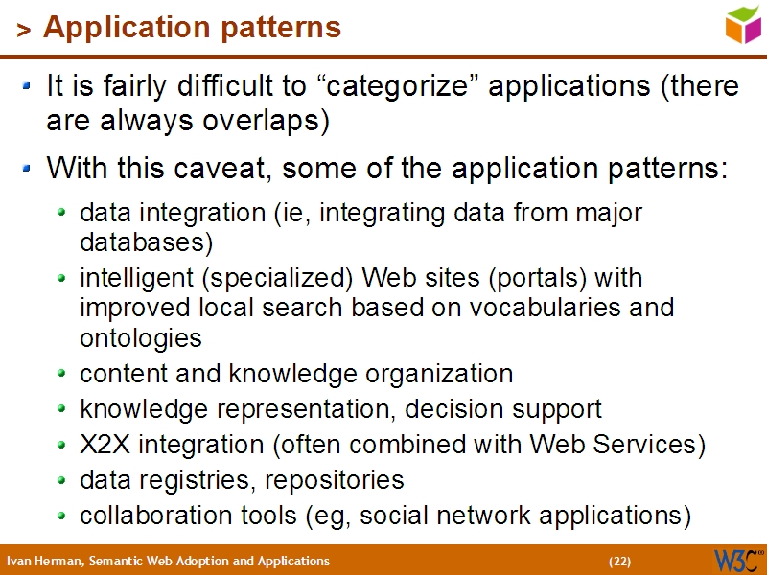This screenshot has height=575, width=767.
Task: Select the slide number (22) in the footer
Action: (619, 561)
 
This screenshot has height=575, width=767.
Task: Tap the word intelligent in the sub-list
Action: (131, 278)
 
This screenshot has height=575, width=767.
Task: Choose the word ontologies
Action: (140, 338)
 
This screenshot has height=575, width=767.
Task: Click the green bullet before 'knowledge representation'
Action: (62, 408)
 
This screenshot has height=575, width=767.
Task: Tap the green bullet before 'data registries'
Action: (62, 479)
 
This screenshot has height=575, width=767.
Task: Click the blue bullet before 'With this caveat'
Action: (28, 170)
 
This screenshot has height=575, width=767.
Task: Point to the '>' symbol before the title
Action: (23, 31)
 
